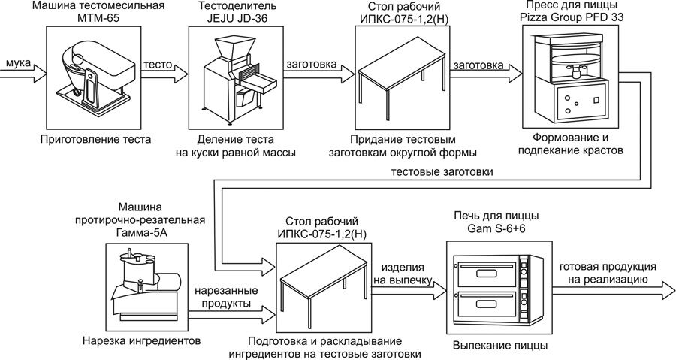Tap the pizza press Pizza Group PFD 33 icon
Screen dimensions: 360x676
[573, 74]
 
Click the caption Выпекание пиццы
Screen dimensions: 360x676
[500, 345]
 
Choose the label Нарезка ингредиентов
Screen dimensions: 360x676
[141, 340]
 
